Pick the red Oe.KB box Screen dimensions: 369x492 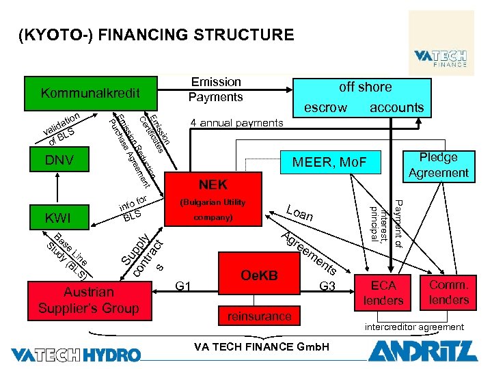[x=259, y=275]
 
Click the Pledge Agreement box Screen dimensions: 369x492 [x=438, y=165]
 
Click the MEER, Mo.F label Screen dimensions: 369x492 [x=329, y=162]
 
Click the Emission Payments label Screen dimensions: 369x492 [x=216, y=90]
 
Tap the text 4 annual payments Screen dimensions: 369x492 [x=236, y=123]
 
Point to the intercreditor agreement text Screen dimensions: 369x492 [x=416, y=327]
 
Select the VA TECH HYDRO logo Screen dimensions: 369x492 [x=76, y=354]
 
